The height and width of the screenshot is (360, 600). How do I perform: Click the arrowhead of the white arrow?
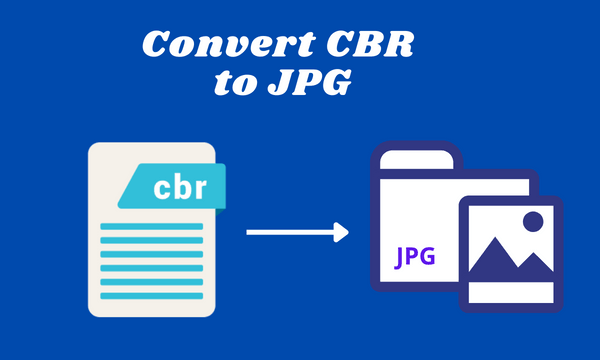(341, 233)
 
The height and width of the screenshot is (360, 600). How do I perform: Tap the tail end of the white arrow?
(250, 233)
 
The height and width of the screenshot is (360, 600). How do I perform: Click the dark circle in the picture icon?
(531, 222)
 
